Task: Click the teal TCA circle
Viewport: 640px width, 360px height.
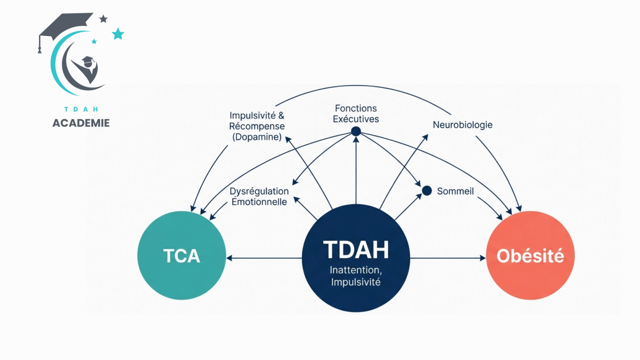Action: click(x=182, y=255)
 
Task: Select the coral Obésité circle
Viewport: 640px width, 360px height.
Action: click(x=530, y=255)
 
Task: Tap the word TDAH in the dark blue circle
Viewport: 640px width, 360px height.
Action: click(x=356, y=250)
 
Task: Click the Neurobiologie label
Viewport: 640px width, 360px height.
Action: click(x=462, y=125)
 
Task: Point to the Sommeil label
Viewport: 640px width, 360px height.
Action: click(x=455, y=191)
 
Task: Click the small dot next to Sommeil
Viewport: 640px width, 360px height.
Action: click(x=427, y=191)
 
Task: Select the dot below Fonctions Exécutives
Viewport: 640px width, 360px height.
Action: click(x=356, y=131)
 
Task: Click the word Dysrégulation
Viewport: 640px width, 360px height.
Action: click(x=259, y=191)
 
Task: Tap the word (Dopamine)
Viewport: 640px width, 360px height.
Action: click(x=257, y=137)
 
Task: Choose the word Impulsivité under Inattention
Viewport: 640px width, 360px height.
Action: click(x=356, y=282)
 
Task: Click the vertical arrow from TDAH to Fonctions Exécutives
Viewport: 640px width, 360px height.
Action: click(x=356, y=170)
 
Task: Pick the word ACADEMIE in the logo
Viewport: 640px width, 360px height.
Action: click(x=81, y=123)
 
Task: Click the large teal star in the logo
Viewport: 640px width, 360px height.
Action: click(x=118, y=34)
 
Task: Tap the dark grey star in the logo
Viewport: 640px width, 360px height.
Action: click(x=103, y=19)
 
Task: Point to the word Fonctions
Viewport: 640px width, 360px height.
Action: click(x=356, y=108)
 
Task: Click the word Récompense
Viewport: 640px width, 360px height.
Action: click(x=257, y=126)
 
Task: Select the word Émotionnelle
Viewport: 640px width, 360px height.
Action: click(x=259, y=202)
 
